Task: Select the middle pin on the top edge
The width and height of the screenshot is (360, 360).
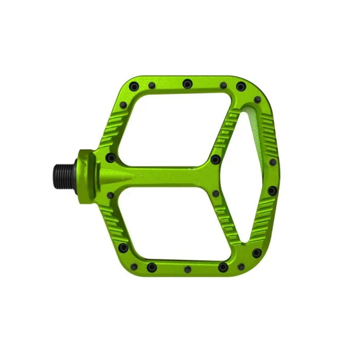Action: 187,82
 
